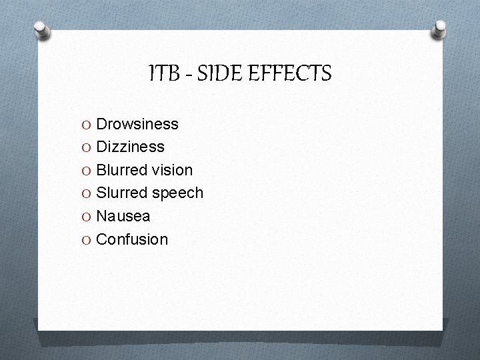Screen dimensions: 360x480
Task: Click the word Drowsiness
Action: [x=137, y=124]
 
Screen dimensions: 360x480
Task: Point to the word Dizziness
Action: [x=130, y=147]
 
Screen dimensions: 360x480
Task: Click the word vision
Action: [x=172, y=170]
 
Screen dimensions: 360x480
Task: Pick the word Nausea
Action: [x=123, y=216]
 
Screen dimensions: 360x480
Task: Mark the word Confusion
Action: [x=132, y=239]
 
